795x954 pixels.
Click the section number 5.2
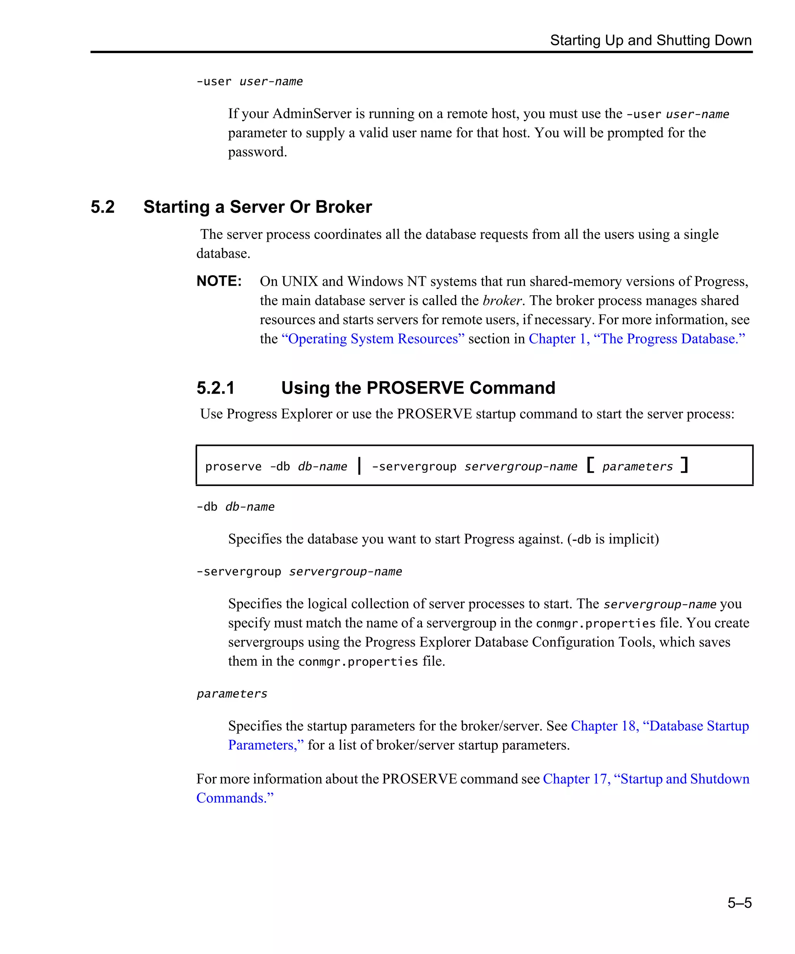(x=102, y=207)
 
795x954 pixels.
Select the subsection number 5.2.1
(x=216, y=388)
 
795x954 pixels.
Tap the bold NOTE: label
(x=219, y=281)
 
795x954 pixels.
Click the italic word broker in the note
(x=502, y=301)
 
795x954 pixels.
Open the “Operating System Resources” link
(x=373, y=339)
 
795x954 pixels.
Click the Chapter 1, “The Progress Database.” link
(x=637, y=339)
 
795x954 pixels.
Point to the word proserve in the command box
(x=233, y=467)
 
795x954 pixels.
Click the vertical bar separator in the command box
(x=359, y=466)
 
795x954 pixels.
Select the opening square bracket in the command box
(x=590, y=465)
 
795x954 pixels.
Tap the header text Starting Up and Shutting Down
(x=651, y=40)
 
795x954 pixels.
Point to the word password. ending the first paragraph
(x=257, y=152)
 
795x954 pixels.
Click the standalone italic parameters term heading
(x=232, y=694)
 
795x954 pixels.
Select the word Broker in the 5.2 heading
(x=344, y=207)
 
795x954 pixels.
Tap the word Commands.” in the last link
(x=235, y=798)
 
